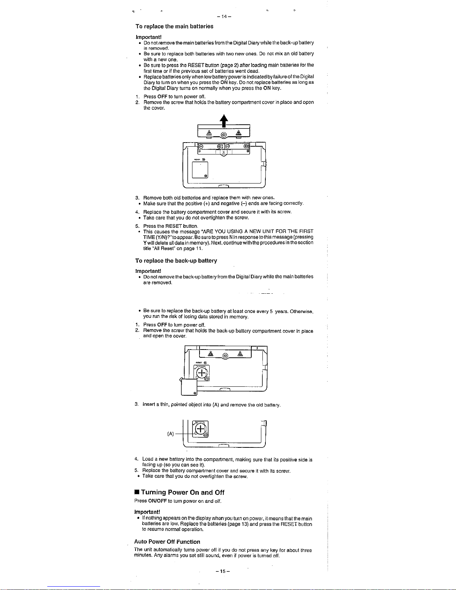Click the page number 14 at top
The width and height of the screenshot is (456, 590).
click(x=224, y=16)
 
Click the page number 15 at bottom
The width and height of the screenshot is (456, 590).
click(x=223, y=571)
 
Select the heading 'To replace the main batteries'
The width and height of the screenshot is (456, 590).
click(x=174, y=26)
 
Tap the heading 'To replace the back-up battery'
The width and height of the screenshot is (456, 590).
click(x=176, y=261)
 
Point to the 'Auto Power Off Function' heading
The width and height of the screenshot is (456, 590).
click(x=167, y=542)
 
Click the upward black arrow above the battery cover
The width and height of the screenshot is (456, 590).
click(x=224, y=121)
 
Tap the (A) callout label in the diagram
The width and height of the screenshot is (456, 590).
click(x=170, y=434)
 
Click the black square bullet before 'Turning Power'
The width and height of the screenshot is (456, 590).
click(x=137, y=492)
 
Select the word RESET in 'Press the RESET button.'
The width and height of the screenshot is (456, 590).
click(x=173, y=226)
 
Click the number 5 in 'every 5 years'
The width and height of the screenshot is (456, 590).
click(x=271, y=311)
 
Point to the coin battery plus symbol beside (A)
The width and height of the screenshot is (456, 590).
click(x=200, y=429)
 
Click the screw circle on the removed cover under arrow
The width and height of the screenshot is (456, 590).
click(x=224, y=135)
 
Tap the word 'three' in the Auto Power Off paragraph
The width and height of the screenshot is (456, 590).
click(x=306, y=551)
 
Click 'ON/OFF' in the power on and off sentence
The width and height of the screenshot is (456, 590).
click(x=157, y=501)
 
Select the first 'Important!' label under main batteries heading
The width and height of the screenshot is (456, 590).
click(x=149, y=37)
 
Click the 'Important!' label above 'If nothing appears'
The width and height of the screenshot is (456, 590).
click(x=147, y=512)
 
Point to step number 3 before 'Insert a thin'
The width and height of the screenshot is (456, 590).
click(x=137, y=404)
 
